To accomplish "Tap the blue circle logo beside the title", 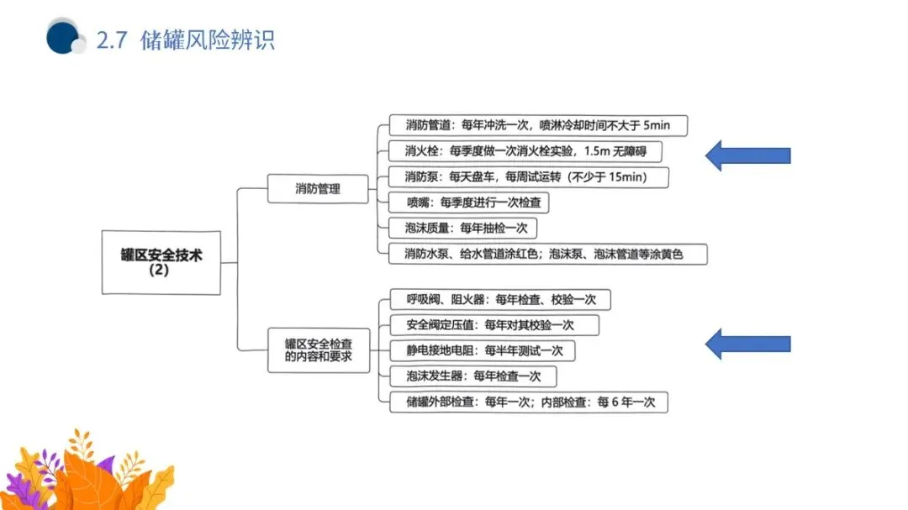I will [64, 37].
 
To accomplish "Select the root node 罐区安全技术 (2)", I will [161, 262].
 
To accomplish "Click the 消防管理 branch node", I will [318, 188].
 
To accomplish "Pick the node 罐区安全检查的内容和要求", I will [318, 350].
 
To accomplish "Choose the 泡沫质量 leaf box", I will [463, 228].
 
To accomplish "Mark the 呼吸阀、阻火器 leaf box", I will [499, 299].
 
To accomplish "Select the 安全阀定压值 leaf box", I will [494, 325].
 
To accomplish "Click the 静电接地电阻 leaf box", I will [483, 350].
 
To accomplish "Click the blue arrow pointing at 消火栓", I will [747, 155].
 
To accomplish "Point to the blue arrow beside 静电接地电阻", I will [747, 343].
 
